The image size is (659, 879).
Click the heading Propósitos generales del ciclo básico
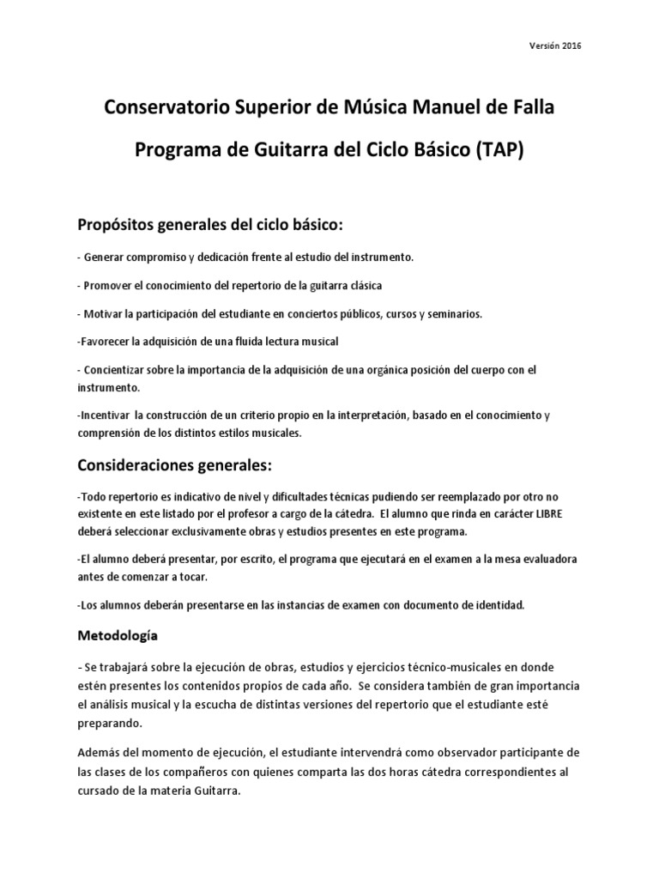click(210, 225)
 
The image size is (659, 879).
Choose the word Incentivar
click(103, 415)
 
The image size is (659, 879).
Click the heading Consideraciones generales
click(174, 465)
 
